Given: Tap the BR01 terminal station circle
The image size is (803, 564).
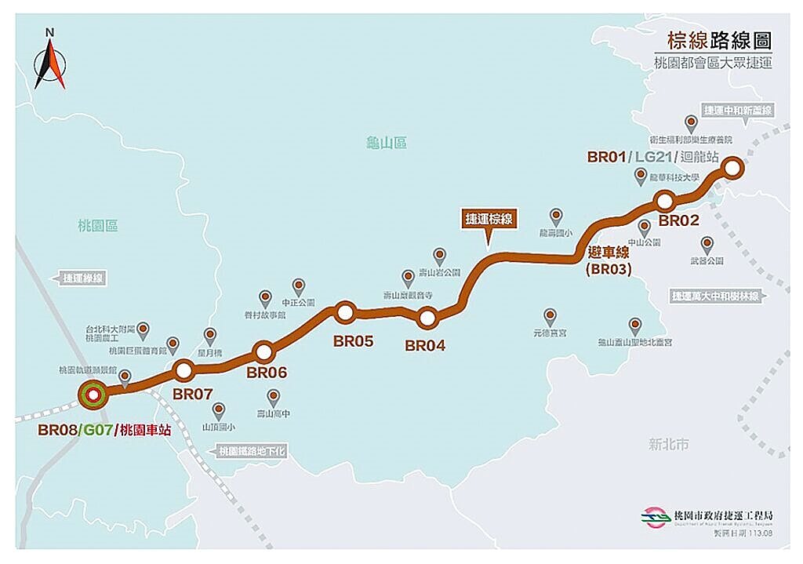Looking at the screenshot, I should pyautogui.click(x=732, y=167).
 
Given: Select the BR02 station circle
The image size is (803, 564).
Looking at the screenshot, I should pyautogui.click(x=666, y=201).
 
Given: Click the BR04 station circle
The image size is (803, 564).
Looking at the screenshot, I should pyautogui.click(x=427, y=318).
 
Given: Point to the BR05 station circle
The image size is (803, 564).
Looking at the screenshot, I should pyautogui.click(x=344, y=311).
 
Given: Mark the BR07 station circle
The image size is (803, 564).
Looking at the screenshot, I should pyautogui.click(x=183, y=369).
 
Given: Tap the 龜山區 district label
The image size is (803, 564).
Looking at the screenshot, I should pyautogui.click(x=387, y=142).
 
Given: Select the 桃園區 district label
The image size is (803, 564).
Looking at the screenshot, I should pyautogui.click(x=98, y=226).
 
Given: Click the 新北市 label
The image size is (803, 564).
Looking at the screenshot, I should pyautogui.click(x=669, y=444).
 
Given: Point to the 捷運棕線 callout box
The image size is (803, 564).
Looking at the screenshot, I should pyautogui.click(x=489, y=220).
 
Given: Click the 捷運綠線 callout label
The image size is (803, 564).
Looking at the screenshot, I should pyautogui.click(x=83, y=277).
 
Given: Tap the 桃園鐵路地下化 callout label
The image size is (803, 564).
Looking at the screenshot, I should pyautogui.click(x=253, y=451).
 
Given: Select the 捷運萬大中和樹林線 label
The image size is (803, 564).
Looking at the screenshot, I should pyautogui.click(x=716, y=297).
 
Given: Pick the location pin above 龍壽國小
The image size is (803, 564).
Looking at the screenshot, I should pyautogui.click(x=556, y=216).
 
